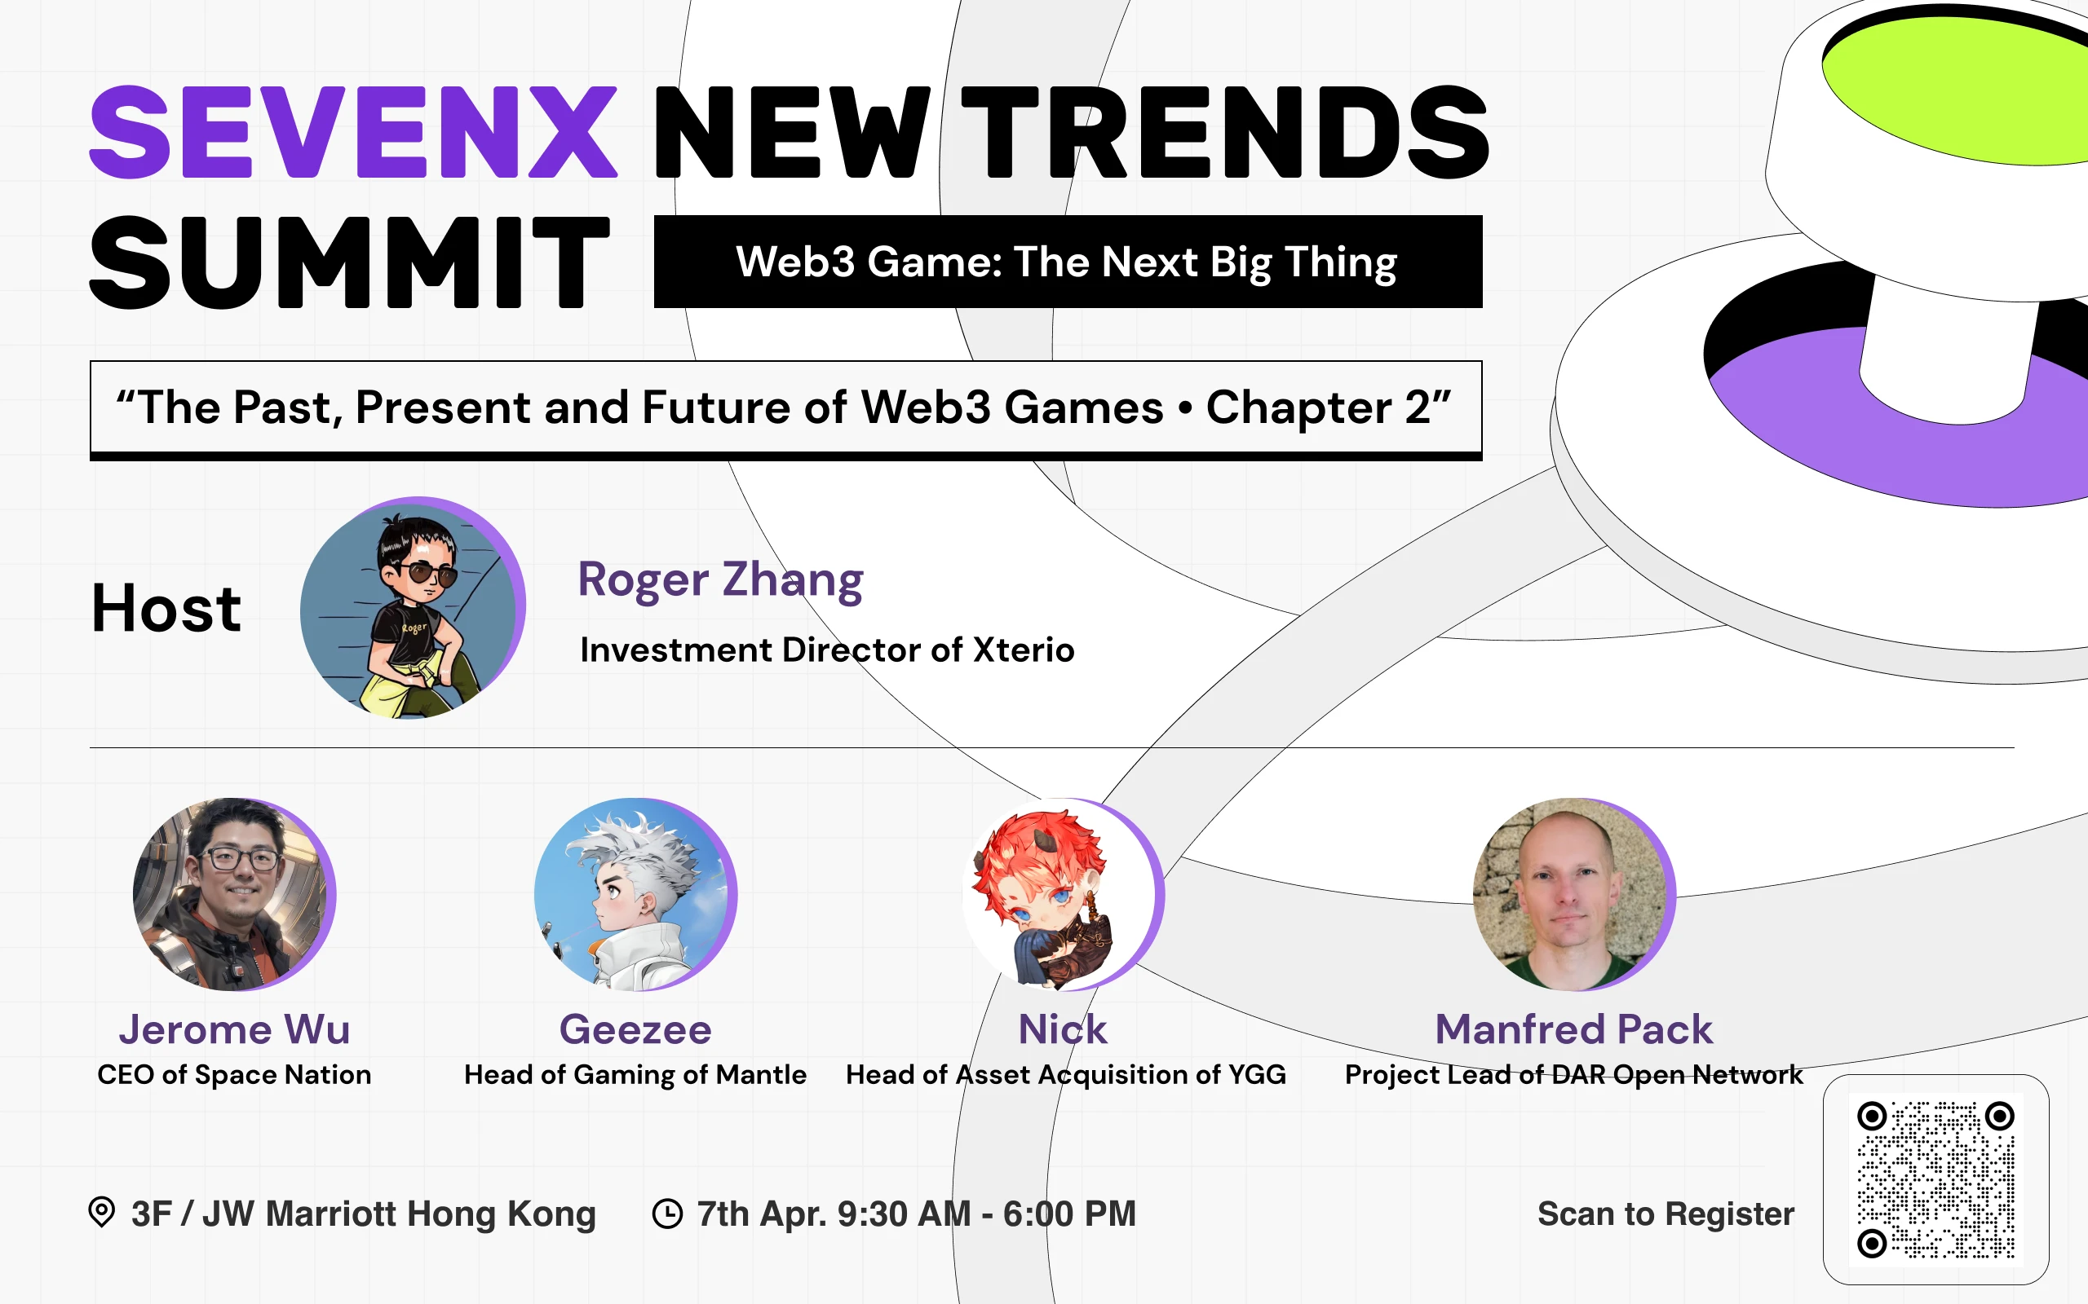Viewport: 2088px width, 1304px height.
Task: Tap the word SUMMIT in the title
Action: click(349, 262)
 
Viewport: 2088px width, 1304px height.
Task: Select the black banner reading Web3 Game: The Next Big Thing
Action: click(1068, 262)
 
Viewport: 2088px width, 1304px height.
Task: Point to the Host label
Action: click(166, 609)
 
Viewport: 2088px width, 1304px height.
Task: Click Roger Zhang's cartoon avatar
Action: click(412, 609)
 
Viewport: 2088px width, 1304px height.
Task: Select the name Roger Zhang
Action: click(719, 579)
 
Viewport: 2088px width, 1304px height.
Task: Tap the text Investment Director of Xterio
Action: click(826, 650)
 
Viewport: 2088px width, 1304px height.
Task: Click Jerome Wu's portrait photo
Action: click(233, 894)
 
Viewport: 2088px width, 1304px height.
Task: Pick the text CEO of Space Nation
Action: click(234, 1075)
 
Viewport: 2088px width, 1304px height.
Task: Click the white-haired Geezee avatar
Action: click(635, 894)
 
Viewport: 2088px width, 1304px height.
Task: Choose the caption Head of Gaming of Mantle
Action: click(635, 1075)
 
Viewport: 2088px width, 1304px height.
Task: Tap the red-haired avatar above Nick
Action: click(1061, 894)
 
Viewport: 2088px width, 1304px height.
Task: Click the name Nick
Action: click(1062, 1029)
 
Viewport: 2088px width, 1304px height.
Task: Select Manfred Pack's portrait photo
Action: click(1573, 894)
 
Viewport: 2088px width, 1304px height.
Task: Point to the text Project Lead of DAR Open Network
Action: click(1573, 1075)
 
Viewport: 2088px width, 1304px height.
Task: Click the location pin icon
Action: click(102, 1212)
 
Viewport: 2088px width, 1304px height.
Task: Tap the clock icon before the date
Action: click(667, 1214)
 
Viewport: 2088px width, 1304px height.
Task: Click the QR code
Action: click(1935, 1179)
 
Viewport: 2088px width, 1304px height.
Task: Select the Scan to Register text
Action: click(1666, 1214)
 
